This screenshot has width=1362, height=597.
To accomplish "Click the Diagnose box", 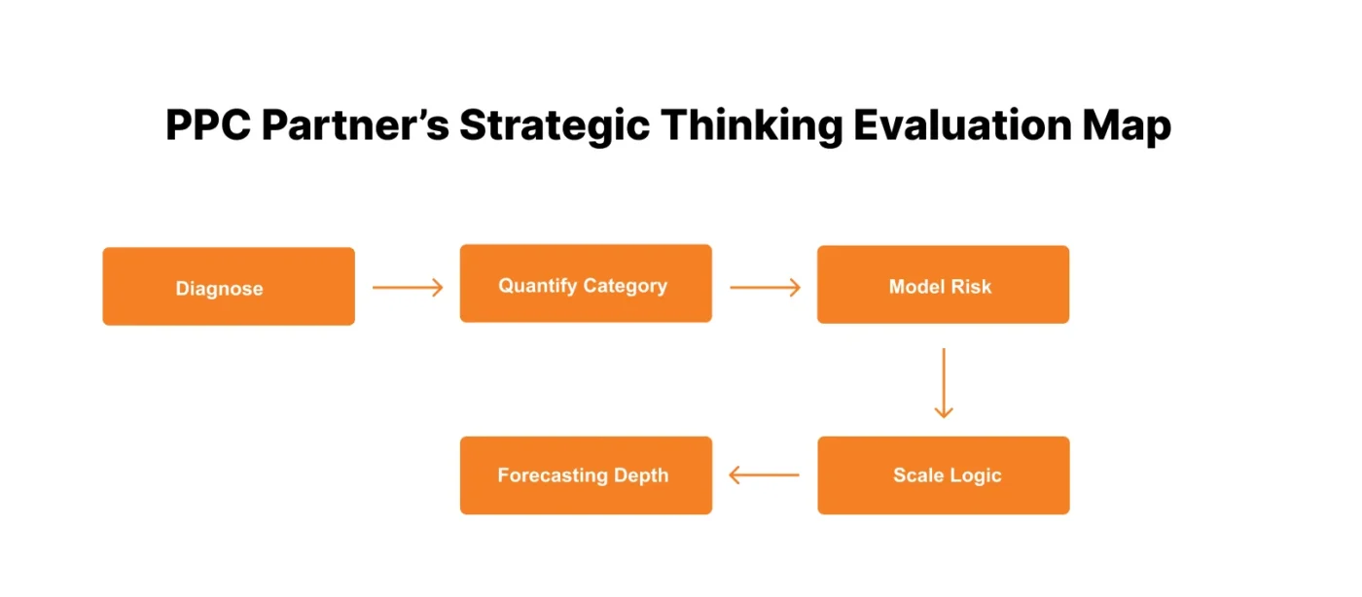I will (x=229, y=286).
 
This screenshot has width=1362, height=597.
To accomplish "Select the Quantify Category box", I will (x=586, y=284).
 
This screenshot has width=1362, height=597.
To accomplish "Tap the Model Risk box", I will (x=943, y=285).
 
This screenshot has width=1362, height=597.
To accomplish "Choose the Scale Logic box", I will (x=943, y=475).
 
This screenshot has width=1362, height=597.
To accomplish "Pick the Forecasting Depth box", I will (x=586, y=475).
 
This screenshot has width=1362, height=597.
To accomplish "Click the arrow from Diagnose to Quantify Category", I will (x=408, y=287).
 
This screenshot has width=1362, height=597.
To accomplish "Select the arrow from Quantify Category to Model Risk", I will (x=765, y=287).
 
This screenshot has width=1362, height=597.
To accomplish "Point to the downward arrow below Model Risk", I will (x=943, y=382).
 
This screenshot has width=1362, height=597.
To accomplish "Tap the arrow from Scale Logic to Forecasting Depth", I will (x=765, y=475).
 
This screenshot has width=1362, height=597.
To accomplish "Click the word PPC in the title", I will (x=207, y=126).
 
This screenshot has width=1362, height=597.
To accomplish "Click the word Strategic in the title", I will (x=554, y=126).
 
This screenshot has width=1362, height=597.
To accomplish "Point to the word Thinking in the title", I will (x=740, y=126).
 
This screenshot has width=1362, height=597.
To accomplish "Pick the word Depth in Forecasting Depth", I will (x=641, y=475).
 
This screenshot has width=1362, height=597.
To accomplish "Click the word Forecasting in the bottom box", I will (x=553, y=475).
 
